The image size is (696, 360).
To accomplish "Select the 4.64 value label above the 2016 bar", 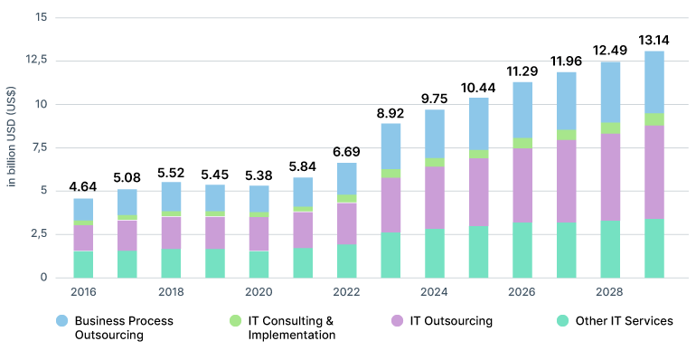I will [x=83, y=188].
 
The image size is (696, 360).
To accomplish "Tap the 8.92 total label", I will [x=390, y=113].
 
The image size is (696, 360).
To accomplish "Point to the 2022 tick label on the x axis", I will [x=346, y=292].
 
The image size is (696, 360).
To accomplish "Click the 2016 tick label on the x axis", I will [x=83, y=292].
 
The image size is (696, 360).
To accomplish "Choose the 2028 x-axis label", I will [x=610, y=292].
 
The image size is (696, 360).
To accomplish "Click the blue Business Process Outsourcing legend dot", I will [x=61, y=321].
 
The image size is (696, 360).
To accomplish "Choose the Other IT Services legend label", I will [x=625, y=321].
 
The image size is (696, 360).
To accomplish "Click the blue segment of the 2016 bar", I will [x=83, y=210].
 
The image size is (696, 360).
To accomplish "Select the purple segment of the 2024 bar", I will [x=435, y=197].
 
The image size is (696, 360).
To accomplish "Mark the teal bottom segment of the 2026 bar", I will [x=522, y=250].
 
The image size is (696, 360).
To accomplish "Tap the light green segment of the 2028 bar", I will [x=610, y=128].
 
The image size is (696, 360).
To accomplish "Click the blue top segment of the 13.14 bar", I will [x=654, y=82].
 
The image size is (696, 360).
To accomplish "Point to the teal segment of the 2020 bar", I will [x=259, y=264].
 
